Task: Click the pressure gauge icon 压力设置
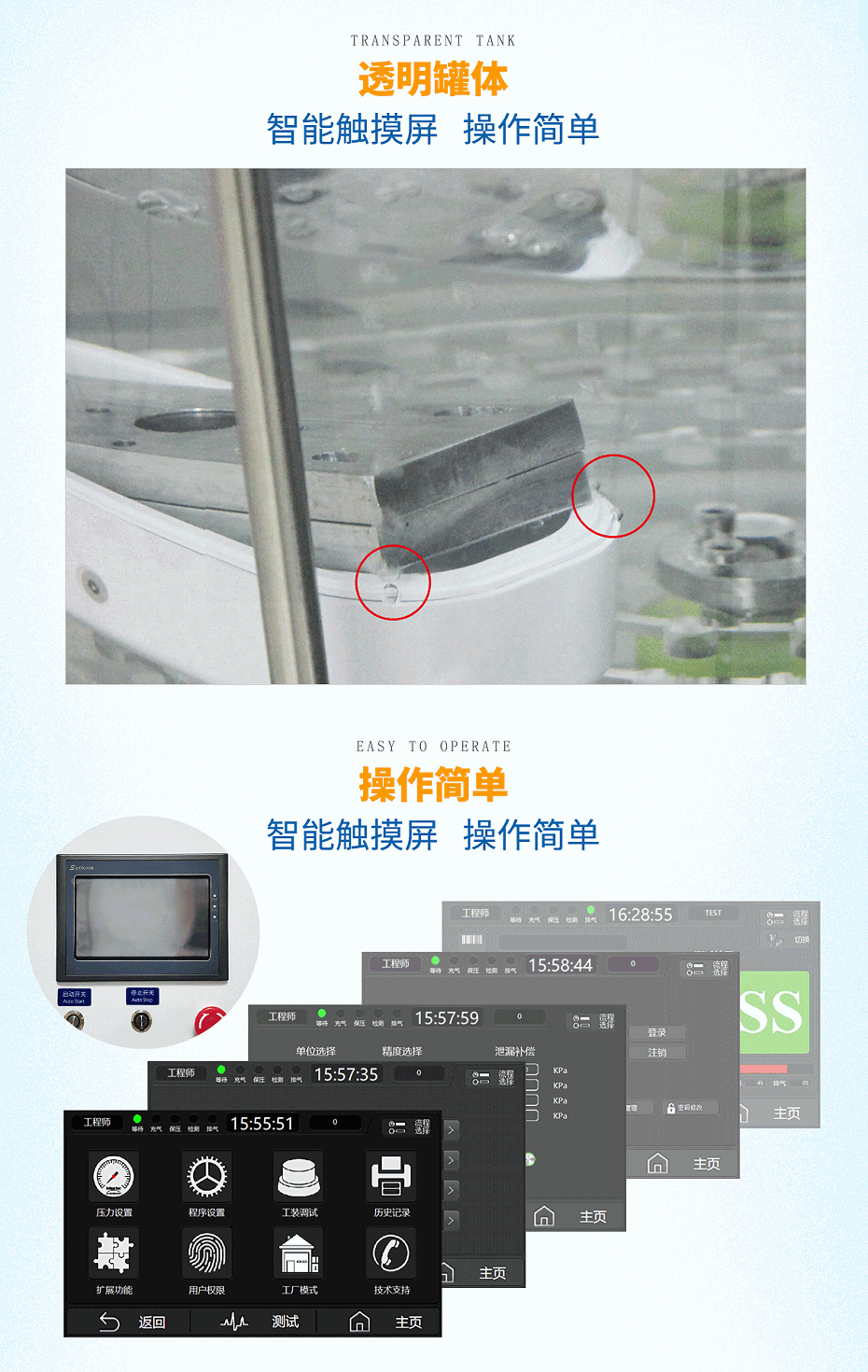[114, 1177]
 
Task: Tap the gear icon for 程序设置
[206, 1177]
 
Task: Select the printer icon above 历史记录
[391, 1177]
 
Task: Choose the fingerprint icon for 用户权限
[206, 1253]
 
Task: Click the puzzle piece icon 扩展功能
[114, 1253]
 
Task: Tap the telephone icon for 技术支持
[391, 1253]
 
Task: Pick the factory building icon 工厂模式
[300, 1253]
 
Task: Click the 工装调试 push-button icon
[300, 1177]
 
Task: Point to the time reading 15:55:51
[261, 1124]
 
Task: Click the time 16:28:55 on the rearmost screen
[640, 915]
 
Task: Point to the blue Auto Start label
[75, 997]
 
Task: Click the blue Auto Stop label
[142, 997]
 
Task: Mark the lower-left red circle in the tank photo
[393, 582]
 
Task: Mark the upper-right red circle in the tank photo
[613, 496]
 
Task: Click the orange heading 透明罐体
[433, 79]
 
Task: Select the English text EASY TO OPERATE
[433, 747]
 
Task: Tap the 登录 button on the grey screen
[657, 1032]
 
